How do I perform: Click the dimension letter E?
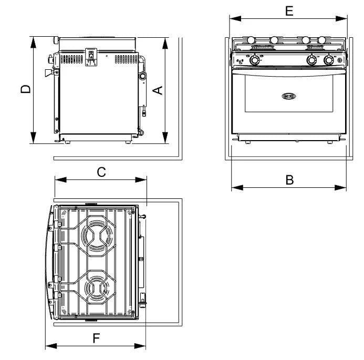pos(288,10)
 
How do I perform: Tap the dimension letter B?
pos(289,179)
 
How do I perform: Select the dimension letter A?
pos(157,90)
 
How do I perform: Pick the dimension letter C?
pos(101,171)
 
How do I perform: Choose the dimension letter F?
pos(96,338)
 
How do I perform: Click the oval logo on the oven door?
pos(289,96)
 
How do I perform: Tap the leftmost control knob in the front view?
pos(255,60)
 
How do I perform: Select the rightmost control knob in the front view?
pos(329,60)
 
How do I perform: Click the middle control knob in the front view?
pos(311,60)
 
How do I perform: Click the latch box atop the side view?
pos(91,56)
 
